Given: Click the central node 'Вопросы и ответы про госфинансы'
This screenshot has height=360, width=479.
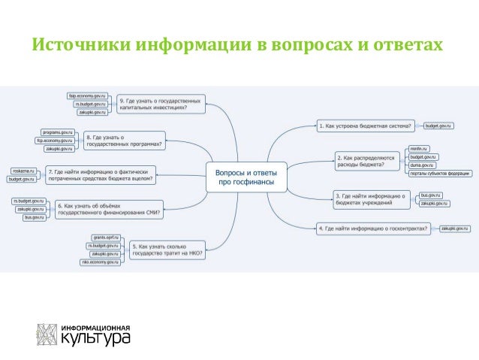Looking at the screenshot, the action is (x=246, y=177).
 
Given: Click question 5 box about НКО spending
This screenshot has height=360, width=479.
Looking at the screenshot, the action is (x=168, y=248).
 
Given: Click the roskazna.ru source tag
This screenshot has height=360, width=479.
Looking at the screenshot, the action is (x=23, y=171).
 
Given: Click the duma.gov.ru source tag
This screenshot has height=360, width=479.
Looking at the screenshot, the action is (x=422, y=165).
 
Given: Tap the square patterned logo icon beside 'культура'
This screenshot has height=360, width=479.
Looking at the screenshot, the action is (x=47, y=334).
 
